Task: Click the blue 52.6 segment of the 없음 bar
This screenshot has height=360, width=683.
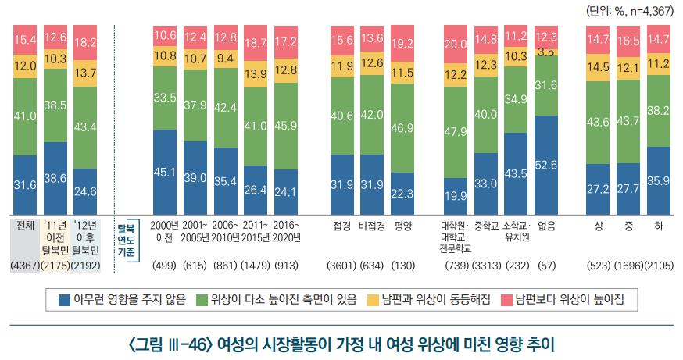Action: pos(547,165)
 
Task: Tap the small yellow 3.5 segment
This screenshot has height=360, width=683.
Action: pos(547,52)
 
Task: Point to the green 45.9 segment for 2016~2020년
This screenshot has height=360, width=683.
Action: pos(286,126)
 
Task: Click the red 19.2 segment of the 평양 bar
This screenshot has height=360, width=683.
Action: pos(402,44)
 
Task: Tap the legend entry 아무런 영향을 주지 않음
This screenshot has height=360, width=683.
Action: pos(122,299)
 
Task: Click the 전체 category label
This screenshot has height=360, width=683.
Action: pos(25,226)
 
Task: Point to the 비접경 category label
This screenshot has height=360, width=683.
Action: pos(371,226)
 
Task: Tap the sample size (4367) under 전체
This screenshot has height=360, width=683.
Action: pos(25,266)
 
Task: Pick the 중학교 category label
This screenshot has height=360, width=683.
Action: pos(486,226)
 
